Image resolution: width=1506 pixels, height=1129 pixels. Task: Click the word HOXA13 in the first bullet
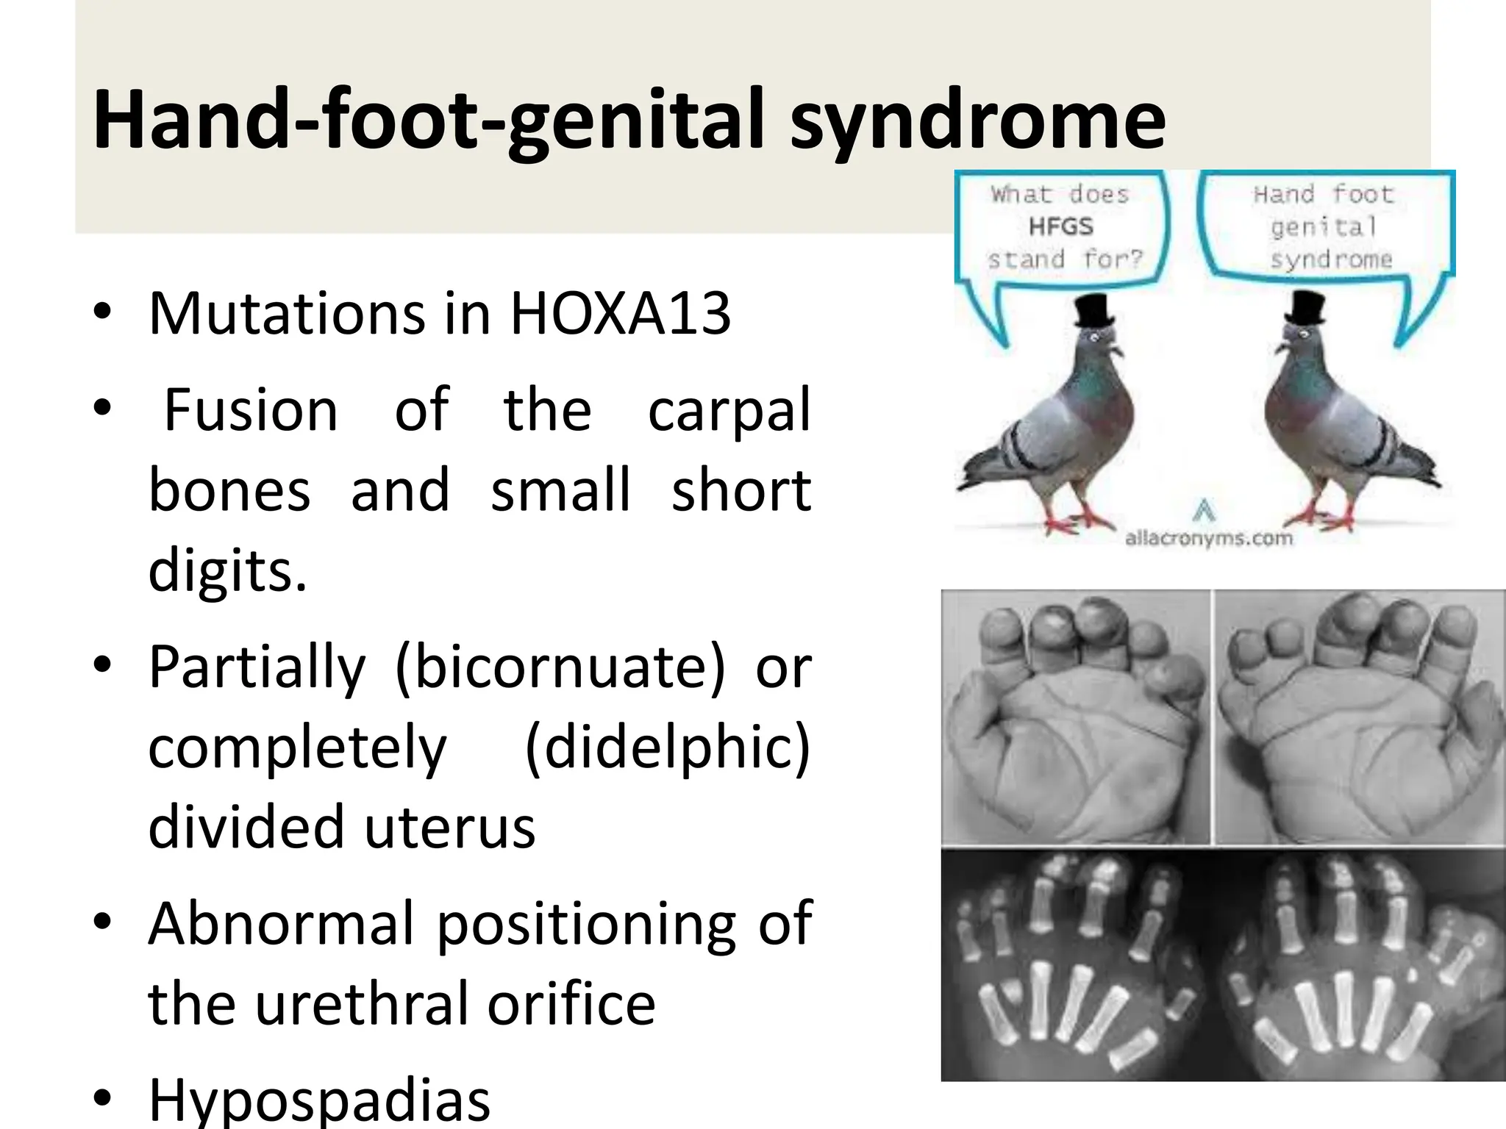point(620,314)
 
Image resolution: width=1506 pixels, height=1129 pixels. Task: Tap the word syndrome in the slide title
point(978,120)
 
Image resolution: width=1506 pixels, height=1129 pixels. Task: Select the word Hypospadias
point(319,1100)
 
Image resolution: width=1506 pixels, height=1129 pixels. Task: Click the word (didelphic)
point(668,747)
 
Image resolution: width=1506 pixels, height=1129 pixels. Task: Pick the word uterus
point(449,827)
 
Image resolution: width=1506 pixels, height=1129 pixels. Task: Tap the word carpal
point(729,410)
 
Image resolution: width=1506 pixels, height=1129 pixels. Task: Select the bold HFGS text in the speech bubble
point(1061,226)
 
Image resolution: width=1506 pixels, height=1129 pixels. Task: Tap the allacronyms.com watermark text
point(1208,539)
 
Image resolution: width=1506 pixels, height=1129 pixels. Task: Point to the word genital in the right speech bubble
point(1323,227)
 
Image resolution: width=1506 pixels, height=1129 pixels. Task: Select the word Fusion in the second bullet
point(250,410)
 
